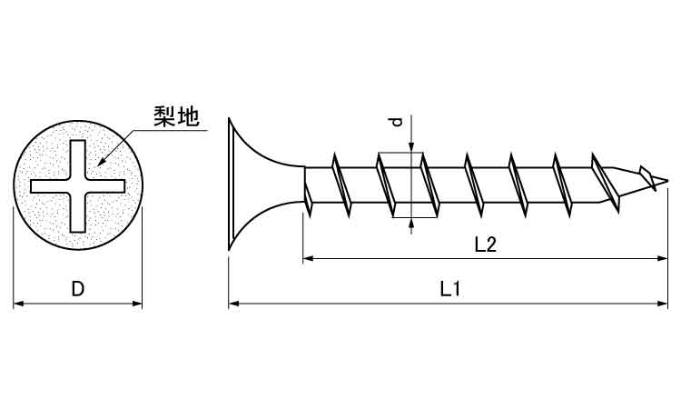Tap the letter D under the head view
[x=78, y=289]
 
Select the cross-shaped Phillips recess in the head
[x=77, y=185]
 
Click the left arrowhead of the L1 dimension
[x=233, y=303]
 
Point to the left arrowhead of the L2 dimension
[x=307, y=258]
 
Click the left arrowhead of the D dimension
[x=18, y=303]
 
